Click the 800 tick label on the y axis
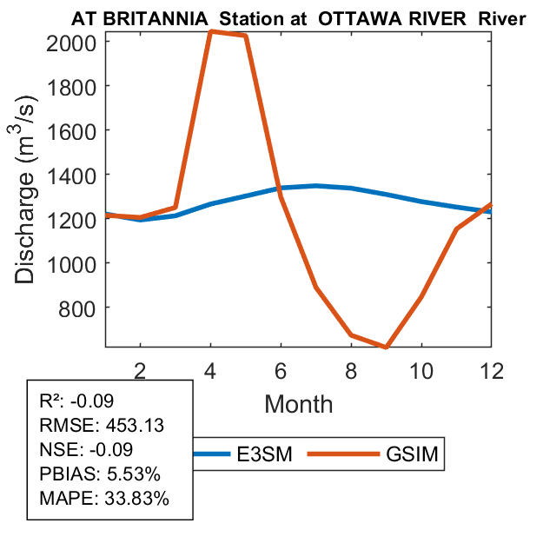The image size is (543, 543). (83, 308)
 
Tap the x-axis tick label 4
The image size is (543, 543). (210, 371)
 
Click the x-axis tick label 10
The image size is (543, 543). (421, 371)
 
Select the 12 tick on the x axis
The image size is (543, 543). (492, 371)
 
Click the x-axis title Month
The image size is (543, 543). (298, 403)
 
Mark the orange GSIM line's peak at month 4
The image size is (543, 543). (211, 32)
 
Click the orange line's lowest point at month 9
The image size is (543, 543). (386, 347)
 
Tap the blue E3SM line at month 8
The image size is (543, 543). (351, 188)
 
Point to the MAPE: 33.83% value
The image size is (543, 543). (104, 500)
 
